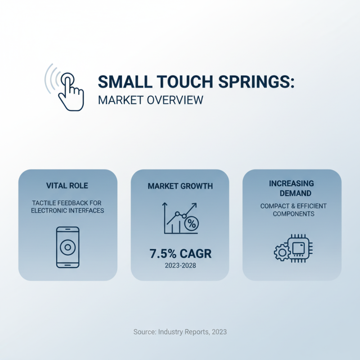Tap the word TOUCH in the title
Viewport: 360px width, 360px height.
click(x=179, y=82)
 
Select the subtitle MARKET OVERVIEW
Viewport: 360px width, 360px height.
click(x=150, y=99)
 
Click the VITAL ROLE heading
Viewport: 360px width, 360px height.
click(x=67, y=185)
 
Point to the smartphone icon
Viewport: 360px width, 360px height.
click(x=67, y=247)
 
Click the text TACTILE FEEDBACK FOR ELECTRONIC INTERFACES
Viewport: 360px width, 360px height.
click(x=67, y=207)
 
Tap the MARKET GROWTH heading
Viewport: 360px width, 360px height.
click(x=180, y=186)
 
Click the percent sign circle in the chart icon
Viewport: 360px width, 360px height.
click(x=191, y=223)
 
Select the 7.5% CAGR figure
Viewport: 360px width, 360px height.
click(x=180, y=253)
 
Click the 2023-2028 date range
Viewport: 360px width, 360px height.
click(x=180, y=266)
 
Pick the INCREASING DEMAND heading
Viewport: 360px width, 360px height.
click(x=292, y=188)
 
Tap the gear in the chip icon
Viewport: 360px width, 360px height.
click(x=281, y=252)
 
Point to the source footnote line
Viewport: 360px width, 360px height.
click(x=180, y=332)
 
